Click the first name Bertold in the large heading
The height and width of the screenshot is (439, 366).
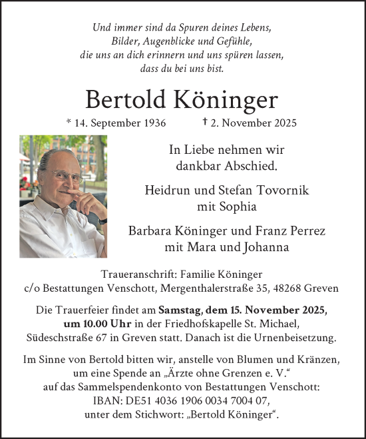pyautogui.click(x=125, y=99)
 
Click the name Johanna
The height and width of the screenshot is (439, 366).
pyautogui.click(x=261, y=246)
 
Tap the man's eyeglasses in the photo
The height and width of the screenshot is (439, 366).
pyautogui.click(x=68, y=176)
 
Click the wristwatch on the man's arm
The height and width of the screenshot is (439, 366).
pyautogui.click(x=102, y=220)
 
